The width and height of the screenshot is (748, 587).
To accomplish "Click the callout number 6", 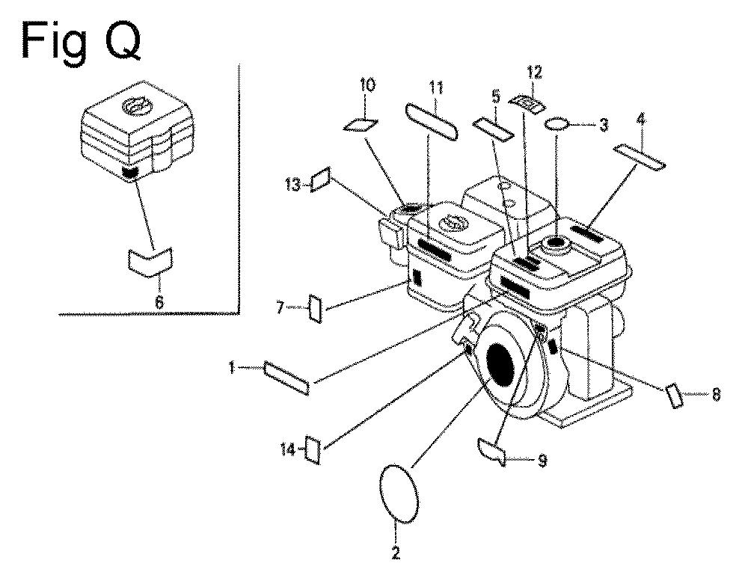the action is [x=159, y=301].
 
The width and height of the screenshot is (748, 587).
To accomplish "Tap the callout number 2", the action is [x=396, y=553].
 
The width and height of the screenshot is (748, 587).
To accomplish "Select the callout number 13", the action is [x=292, y=184].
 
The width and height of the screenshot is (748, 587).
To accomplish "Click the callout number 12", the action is [x=534, y=73].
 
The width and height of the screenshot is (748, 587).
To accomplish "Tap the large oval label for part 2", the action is [x=399, y=494].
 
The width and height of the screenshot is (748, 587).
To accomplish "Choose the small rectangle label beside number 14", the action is [x=313, y=449].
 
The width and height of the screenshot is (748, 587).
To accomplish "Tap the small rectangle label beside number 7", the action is [x=316, y=308].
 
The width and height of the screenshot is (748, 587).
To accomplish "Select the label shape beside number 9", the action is [x=492, y=451].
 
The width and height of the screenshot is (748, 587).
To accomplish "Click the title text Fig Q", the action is [x=81, y=41].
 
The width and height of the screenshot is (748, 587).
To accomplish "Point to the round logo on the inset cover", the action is [x=138, y=106].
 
